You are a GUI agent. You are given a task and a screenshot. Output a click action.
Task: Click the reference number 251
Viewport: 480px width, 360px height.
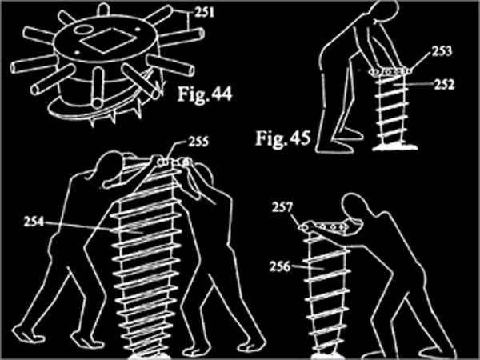(204, 13)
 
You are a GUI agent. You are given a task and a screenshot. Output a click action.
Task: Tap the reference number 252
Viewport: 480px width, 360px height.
(444, 85)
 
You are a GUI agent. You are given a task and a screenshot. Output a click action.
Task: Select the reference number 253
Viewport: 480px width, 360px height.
(442, 51)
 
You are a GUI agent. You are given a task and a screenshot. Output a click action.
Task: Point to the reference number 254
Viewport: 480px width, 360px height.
(34, 222)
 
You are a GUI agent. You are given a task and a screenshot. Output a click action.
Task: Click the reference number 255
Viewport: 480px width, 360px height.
(198, 142)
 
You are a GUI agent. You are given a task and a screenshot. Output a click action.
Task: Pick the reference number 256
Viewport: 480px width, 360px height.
(279, 266)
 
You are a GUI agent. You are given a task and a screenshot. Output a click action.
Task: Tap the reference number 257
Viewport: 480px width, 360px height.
(282, 208)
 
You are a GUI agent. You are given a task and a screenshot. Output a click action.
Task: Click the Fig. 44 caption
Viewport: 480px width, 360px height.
(205, 94)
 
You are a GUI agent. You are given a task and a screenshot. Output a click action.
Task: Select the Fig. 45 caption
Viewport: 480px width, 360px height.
(283, 138)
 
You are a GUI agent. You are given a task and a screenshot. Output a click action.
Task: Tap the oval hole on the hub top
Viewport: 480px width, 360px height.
(83, 30)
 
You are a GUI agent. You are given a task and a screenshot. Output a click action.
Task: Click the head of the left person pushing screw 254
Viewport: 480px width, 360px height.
(110, 166)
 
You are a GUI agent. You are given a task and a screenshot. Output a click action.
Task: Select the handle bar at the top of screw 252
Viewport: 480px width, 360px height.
(390, 72)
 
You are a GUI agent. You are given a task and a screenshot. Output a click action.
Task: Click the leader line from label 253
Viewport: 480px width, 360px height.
(421, 63)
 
